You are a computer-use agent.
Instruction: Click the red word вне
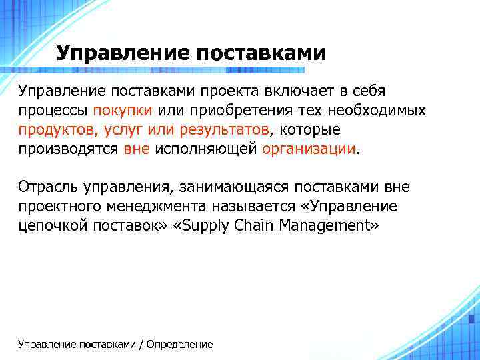[137, 149]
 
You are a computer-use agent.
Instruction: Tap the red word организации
[309, 149]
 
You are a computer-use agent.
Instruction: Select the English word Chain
[254, 226]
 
